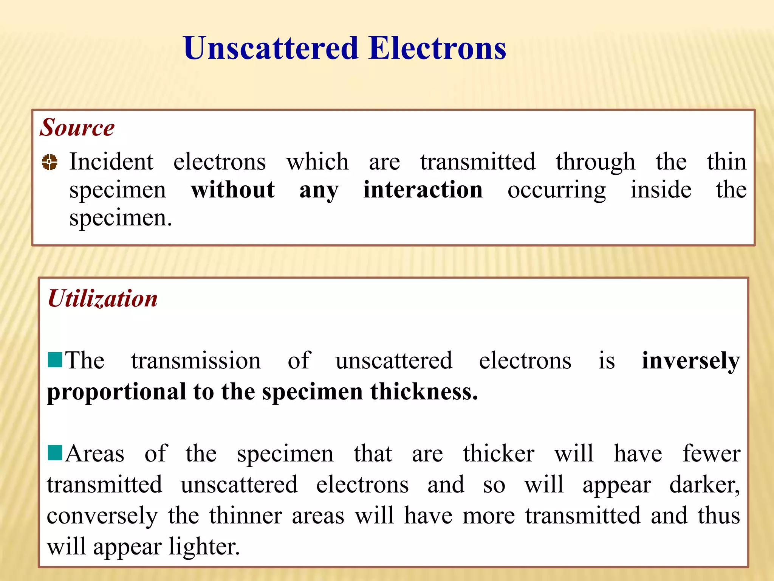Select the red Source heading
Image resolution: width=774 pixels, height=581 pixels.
[x=77, y=127]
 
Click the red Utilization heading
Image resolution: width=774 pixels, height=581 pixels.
[x=103, y=298]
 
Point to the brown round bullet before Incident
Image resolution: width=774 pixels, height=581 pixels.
[x=50, y=162]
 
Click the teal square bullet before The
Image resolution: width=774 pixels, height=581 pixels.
[x=55, y=360]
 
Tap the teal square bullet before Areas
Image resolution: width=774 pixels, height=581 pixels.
[x=55, y=453]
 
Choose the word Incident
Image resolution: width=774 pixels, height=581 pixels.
[x=111, y=162]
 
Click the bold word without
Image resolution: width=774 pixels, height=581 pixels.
[x=232, y=190]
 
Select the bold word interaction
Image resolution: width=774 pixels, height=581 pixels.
[x=423, y=190]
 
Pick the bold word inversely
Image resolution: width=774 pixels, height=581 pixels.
[x=690, y=361]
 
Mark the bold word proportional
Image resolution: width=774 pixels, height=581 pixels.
[x=116, y=392]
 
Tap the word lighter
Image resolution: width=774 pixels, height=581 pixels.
[x=204, y=547]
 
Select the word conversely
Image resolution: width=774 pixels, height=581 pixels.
[x=102, y=516]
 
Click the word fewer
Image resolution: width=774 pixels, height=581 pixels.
[x=711, y=454]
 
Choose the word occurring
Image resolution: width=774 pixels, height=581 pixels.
[x=556, y=190]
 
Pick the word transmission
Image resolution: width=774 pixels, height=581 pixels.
[x=196, y=360]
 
